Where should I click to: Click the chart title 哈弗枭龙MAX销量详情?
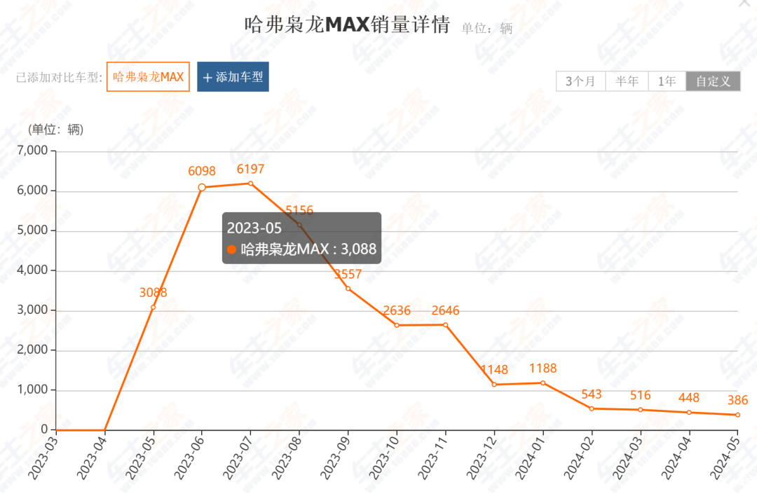[x=346, y=25]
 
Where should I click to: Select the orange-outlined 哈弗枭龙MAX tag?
[x=148, y=77]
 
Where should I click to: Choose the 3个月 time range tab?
[x=580, y=81]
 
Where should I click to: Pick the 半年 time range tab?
[x=627, y=81]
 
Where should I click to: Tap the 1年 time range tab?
[x=667, y=81]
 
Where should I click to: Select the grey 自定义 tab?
[x=713, y=81]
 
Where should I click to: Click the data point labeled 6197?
[x=250, y=184]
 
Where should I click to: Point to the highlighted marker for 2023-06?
[x=202, y=187]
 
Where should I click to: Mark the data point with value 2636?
[x=397, y=325]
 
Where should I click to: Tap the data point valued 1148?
[x=494, y=385]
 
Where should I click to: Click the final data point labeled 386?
[x=737, y=415]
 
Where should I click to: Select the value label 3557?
[x=348, y=274]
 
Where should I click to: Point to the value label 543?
[x=591, y=395]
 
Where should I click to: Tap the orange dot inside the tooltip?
[x=232, y=249]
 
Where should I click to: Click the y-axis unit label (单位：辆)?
[x=55, y=130]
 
